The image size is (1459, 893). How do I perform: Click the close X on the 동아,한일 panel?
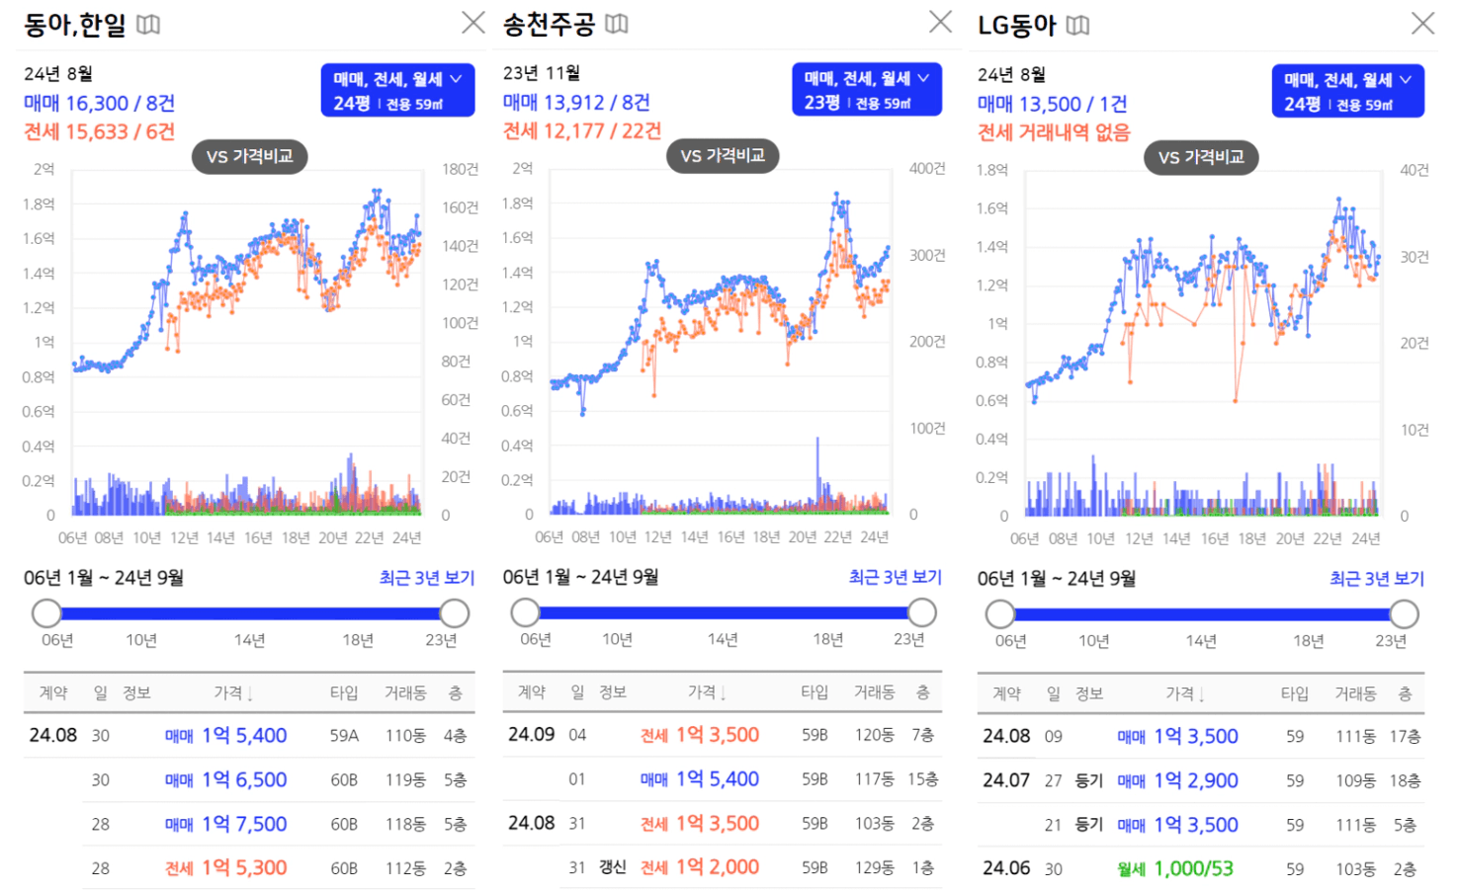(473, 23)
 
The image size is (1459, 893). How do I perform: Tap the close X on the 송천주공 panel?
(941, 22)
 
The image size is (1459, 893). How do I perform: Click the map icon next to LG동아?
(1077, 26)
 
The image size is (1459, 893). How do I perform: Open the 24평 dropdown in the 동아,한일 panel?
(397, 90)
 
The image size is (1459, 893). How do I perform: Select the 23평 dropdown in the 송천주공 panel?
(867, 90)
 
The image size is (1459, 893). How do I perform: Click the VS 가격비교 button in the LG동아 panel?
(1201, 157)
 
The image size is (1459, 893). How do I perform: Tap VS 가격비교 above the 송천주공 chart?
(723, 156)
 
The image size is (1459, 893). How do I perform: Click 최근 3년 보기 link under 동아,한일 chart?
(427, 578)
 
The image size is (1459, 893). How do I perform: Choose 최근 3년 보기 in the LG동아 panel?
(1377, 579)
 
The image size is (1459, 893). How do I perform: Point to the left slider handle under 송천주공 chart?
(526, 612)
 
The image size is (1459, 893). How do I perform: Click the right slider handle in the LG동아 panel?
(1404, 614)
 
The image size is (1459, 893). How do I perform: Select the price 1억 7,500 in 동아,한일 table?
(244, 824)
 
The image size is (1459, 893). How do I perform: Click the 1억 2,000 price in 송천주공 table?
(718, 867)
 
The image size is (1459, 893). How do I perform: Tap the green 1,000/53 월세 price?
(1194, 868)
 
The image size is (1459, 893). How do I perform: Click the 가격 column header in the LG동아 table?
(1184, 693)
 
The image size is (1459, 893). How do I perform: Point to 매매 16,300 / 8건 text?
(99, 103)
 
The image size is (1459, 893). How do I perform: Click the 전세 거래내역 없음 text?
(1054, 132)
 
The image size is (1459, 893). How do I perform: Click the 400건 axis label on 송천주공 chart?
(927, 169)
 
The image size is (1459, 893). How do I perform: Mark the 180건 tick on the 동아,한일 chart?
(460, 170)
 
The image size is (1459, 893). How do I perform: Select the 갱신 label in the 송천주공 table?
(613, 867)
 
